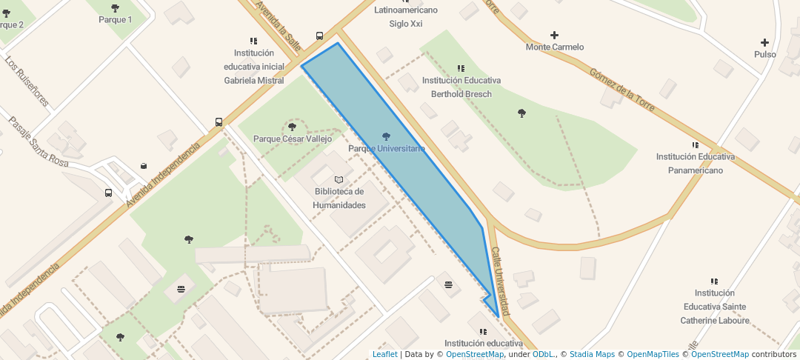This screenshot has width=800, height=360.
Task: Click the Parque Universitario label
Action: pos(387,149)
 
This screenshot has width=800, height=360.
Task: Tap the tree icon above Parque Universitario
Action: pos(385,136)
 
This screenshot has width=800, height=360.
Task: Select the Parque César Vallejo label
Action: pos(293,139)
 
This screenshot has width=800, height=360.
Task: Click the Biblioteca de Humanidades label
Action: pos(339,199)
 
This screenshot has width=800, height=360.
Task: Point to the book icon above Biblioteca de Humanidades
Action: pos(339,179)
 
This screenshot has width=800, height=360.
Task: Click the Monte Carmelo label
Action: pos(555,47)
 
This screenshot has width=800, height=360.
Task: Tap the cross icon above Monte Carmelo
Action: pos(555,35)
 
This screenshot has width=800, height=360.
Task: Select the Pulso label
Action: pos(765,55)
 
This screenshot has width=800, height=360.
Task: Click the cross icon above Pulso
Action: pos(765,42)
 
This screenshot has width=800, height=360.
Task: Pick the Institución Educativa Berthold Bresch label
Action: pos(461,87)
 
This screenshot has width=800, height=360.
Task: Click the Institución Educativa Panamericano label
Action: pos(695,164)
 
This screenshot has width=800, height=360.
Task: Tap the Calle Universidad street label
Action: pos(501,281)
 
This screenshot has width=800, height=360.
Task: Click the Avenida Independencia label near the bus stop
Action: pos(163,174)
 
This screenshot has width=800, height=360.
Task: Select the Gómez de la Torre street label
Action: pos(622,90)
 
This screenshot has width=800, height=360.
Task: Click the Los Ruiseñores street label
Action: pos(27,81)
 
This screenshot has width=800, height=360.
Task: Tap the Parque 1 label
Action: pos(115,19)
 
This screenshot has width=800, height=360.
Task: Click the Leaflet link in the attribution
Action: pos(384,354)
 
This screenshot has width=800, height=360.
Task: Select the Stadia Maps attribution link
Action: pos(592,354)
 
